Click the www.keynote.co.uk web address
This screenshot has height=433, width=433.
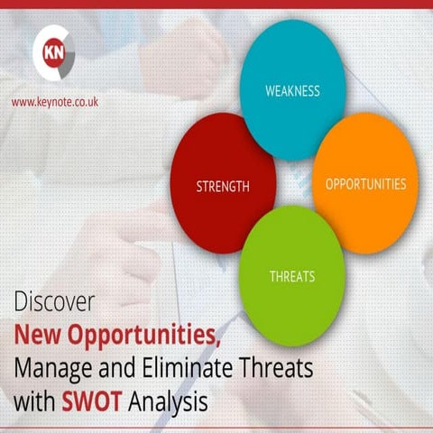pos(56,103)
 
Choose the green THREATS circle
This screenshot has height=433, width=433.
pos(291,271)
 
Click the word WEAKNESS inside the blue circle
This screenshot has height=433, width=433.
pos(292,91)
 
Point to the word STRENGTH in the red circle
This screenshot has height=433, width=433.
pos(223,187)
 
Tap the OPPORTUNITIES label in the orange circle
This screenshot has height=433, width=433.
pos(365,183)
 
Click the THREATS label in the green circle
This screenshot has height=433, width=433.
pos(291,276)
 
